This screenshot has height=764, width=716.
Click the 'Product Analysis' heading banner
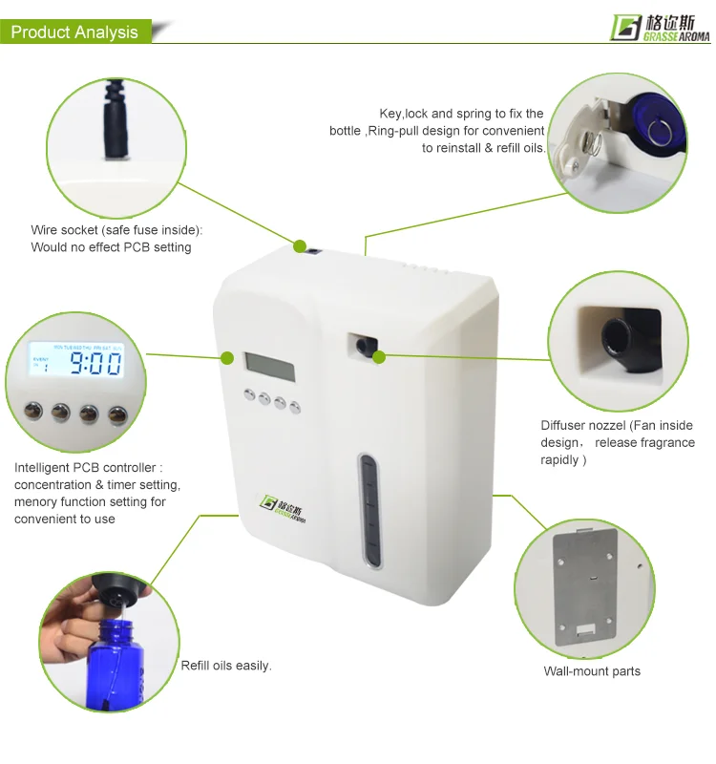coord(75,32)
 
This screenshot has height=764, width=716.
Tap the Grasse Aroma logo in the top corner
coord(661,29)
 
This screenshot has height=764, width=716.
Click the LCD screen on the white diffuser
coord(270,367)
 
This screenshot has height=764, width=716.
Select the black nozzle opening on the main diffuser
coord(363,346)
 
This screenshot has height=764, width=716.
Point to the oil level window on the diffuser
coord(369,511)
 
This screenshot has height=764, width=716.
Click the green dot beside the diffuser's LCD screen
coord(227,358)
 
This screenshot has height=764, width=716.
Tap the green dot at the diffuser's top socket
coord(300,246)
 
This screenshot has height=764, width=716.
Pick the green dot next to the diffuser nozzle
coord(379,357)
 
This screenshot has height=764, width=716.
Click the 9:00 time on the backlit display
coord(95,363)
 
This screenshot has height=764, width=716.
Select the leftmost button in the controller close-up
coord(33,411)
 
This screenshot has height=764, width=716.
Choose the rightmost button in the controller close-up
coord(117,415)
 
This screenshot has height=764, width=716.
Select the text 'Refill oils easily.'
coord(226,666)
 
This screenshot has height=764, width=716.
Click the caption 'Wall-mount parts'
coord(592,671)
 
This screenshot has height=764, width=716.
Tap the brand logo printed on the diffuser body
coord(283,510)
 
